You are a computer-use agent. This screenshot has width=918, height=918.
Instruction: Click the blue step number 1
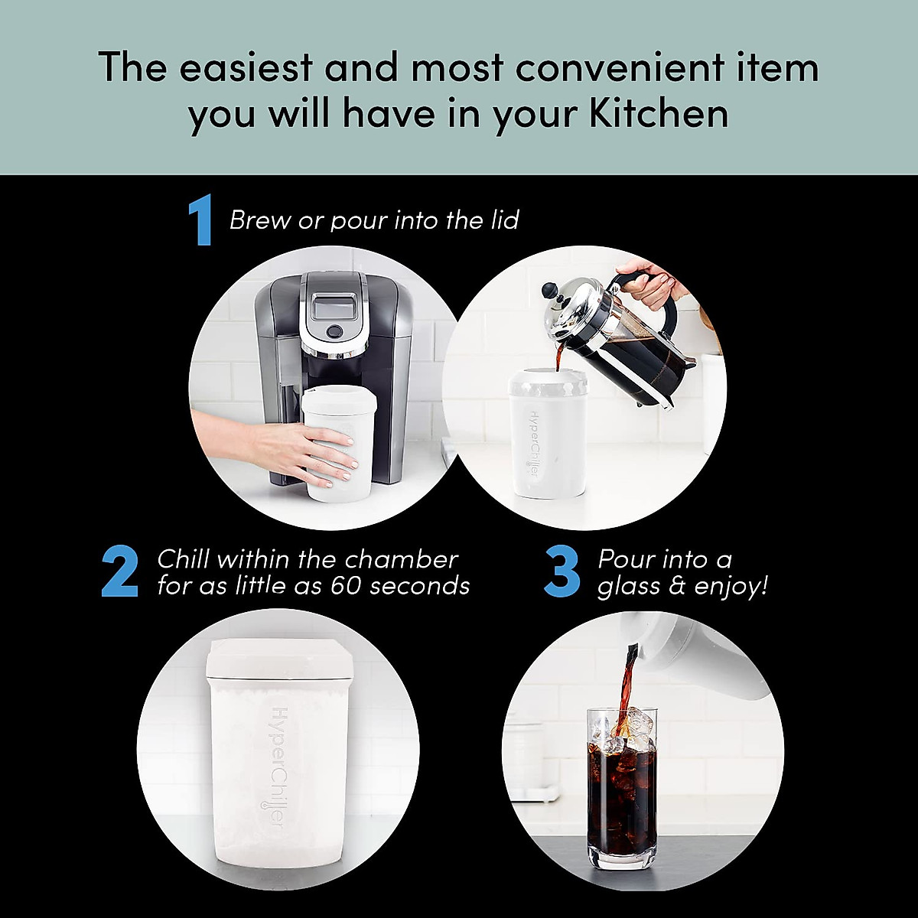pyautogui.click(x=200, y=222)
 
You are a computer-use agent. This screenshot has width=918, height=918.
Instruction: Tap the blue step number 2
pyautogui.click(x=119, y=572)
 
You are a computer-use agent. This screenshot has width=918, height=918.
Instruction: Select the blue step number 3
pyautogui.click(x=562, y=572)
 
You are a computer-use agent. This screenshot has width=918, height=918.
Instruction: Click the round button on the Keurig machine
pyautogui.click(x=334, y=332)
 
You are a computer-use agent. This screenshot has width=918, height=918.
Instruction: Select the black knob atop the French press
pyautogui.click(x=549, y=291)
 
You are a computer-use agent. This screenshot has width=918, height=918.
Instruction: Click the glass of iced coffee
pyautogui.click(x=622, y=796)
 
